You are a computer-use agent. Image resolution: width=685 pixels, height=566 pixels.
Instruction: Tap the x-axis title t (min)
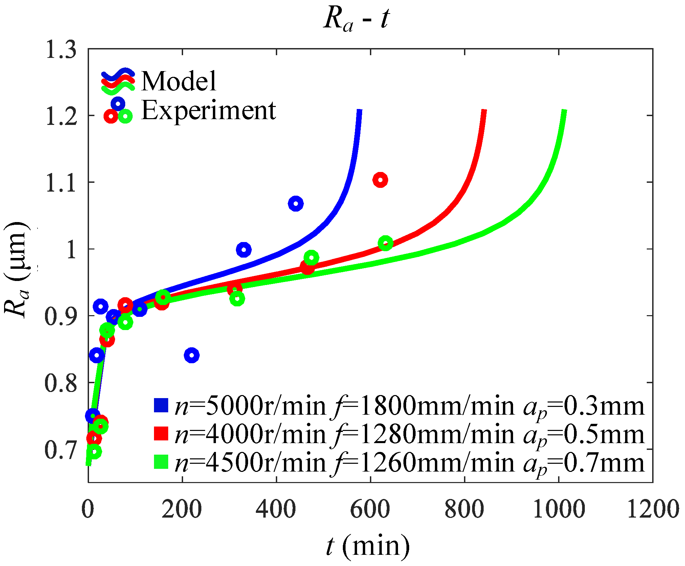368,546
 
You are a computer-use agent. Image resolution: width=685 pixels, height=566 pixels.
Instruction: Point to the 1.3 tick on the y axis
61,50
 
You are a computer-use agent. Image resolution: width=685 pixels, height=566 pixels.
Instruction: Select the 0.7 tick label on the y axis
61,450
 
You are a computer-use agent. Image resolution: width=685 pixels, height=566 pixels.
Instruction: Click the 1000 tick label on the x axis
559,509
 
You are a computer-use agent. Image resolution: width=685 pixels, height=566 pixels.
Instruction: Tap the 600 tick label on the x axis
370,509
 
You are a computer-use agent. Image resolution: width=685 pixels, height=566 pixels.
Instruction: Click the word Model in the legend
178,81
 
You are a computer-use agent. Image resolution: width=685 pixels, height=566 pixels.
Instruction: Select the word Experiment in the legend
208,110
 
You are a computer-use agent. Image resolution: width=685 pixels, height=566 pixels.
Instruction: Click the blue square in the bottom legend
161,405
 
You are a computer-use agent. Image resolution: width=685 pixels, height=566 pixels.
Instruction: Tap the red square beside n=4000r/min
161,434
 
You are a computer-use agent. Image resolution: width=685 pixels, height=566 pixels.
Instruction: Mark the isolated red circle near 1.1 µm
380,180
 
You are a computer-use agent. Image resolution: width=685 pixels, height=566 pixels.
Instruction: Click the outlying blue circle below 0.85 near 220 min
192,355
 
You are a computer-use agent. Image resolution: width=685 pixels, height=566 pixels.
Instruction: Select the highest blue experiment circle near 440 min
295,204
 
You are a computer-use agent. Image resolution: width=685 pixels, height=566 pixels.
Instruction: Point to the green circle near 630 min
385,243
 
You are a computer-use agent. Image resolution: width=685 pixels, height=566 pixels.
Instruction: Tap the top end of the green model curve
564,111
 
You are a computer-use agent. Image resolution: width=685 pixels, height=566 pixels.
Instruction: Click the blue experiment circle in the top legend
118,103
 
